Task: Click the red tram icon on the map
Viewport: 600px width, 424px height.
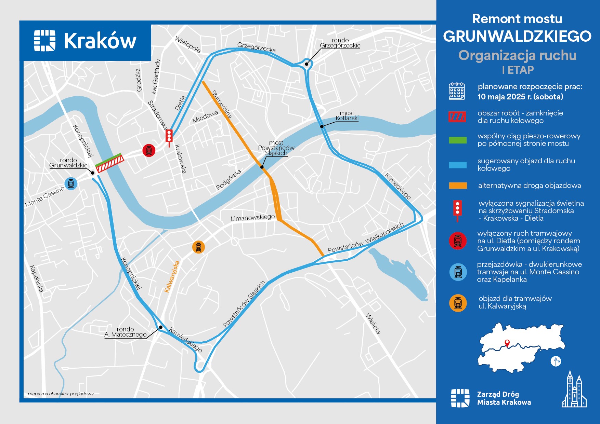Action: pyautogui.click(x=149, y=150)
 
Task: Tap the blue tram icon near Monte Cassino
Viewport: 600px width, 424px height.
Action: pyautogui.click(x=71, y=184)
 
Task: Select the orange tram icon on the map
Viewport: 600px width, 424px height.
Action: pyautogui.click(x=198, y=247)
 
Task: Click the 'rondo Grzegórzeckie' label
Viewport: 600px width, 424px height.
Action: pyautogui.click(x=340, y=43)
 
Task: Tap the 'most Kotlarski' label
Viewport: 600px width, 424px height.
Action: pyautogui.click(x=347, y=116)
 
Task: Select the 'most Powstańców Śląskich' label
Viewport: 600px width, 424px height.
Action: pyautogui.click(x=276, y=148)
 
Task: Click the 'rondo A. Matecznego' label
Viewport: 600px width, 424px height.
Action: pyautogui.click(x=126, y=332)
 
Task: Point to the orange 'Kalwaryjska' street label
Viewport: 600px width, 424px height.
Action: pyautogui.click(x=172, y=277)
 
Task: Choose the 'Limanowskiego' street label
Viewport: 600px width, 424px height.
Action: pyautogui.click(x=252, y=218)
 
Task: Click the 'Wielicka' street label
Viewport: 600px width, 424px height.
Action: pyautogui.click(x=373, y=323)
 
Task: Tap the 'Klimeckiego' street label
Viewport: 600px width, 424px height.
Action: pyautogui.click(x=397, y=186)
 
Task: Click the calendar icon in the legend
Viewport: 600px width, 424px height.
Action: pyautogui.click(x=457, y=91)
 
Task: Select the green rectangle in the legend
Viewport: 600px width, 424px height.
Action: pyautogui.click(x=458, y=140)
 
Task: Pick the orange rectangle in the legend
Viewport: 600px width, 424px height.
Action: pyautogui.click(x=458, y=186)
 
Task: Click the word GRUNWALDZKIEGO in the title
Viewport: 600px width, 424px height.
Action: pyautogui.click(x=517, y=36)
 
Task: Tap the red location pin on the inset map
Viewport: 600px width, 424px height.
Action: pyautogui.click(x=507, y=343)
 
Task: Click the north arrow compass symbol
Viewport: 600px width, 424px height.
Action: pyautogui.click(x=556, y=361)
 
